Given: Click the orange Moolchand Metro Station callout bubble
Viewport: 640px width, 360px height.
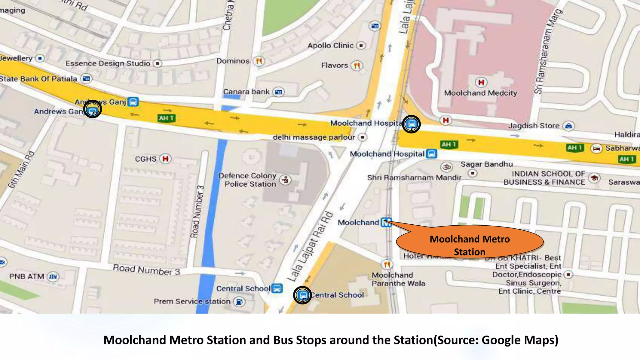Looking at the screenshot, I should click(470, 243).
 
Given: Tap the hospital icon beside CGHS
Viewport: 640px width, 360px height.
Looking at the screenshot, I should click(166, 159).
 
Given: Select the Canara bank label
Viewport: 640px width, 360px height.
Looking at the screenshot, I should click(246, 92).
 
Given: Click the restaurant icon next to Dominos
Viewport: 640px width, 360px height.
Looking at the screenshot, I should click(259, 61).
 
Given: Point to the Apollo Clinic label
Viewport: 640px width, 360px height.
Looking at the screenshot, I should click(330, 46).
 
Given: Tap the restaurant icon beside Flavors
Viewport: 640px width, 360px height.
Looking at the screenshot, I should click(357, 66).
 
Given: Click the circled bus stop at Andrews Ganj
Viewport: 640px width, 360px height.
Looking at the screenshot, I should click(92, 110).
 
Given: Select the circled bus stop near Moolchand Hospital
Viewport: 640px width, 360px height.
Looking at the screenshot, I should click(411, 124).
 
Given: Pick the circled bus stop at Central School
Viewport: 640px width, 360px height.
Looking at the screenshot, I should click(302, 295).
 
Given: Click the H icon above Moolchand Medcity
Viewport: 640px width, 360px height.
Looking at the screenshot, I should click(481, 82).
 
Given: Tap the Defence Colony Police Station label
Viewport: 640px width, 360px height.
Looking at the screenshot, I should click(248, 180).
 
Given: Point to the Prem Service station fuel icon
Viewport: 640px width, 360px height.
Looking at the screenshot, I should click(239, 302).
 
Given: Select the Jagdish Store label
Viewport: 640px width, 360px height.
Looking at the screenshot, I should click(533, 126).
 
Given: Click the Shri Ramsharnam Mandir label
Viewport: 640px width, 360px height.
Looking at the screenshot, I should click(414, 178).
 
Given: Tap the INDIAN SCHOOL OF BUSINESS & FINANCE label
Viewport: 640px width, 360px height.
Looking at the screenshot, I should click(544, 178).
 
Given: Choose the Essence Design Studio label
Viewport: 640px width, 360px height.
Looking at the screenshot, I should click(108, 64).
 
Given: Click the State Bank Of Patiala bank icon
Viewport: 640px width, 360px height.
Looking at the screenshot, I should click(86, 78).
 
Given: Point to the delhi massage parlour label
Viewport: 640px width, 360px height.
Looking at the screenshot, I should click(313, 137).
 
